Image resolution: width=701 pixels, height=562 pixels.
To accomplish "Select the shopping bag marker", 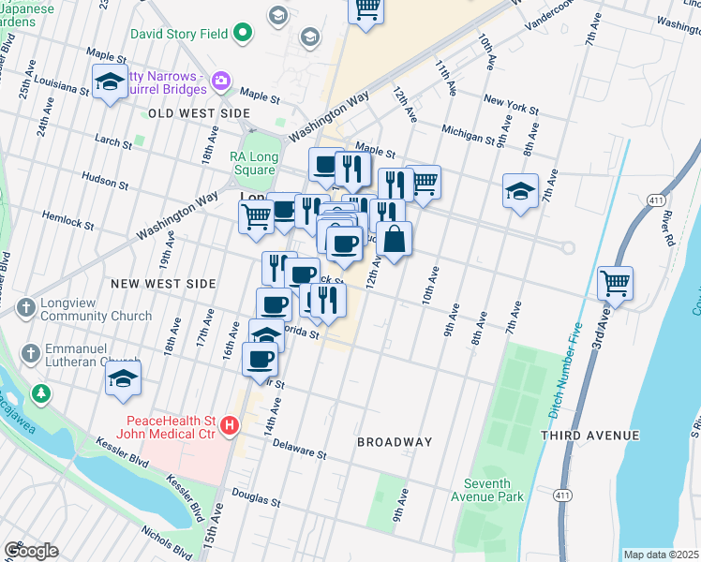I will (x=395, y=240).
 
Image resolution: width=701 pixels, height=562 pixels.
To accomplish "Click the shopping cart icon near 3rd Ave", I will (x=615, y=282).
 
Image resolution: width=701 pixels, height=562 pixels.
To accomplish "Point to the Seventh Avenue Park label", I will (x=494, y=490).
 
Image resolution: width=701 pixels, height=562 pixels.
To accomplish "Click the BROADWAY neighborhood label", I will (x=395, y=441).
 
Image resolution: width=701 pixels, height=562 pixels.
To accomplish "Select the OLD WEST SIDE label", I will (x=199, y=113).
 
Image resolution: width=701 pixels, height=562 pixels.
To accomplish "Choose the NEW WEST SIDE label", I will (x=163, y=283).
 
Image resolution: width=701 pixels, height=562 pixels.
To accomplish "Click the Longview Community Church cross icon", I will (x=26, y=307).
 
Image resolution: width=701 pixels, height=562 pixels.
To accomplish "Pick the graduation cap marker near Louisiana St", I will (x=110, y=81).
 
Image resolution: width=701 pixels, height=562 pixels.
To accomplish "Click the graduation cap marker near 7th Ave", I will (x=520, y=191).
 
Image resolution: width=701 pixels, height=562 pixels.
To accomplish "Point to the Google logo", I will (x=31, y=551).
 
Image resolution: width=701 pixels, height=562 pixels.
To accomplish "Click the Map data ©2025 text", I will (x=661, y=555).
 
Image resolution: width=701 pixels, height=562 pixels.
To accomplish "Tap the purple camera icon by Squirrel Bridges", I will (x=221, y=81).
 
